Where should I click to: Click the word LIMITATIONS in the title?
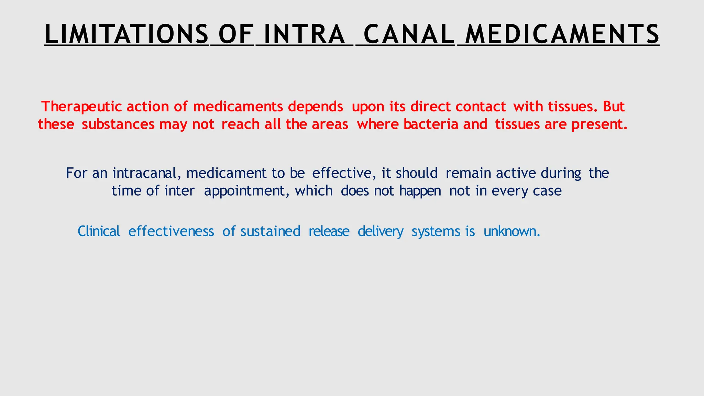[126, 34]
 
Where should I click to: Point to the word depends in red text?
[315, 107]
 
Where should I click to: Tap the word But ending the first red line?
[614, 107]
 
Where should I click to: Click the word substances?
[118, 124]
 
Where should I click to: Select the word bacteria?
[431, 124]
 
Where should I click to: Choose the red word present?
[599, 124]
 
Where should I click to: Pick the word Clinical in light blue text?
[99, 231]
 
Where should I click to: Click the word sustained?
[270, 231]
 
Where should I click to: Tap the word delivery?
[381, 231]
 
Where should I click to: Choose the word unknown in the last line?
[511, 231]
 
